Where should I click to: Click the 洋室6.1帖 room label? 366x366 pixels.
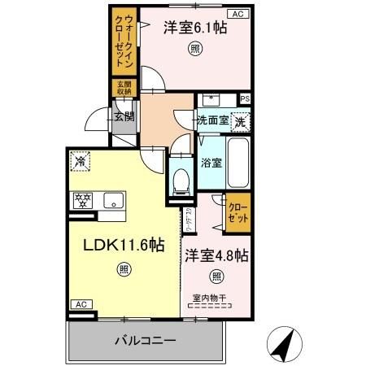tap(194, 27)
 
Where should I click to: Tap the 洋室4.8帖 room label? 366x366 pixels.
tap(216, 255)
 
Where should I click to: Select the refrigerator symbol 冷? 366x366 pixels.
tap(80, 162)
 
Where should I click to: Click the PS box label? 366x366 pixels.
tap(245, 99)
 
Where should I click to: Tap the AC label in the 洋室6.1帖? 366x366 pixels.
tap(239, 14)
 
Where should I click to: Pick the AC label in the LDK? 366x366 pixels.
tap(81, 304)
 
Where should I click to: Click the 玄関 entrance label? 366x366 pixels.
tap(124, 116)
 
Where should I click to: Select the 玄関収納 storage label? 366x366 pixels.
tap(122, 89)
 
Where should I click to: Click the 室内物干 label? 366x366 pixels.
tap(211, 297)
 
